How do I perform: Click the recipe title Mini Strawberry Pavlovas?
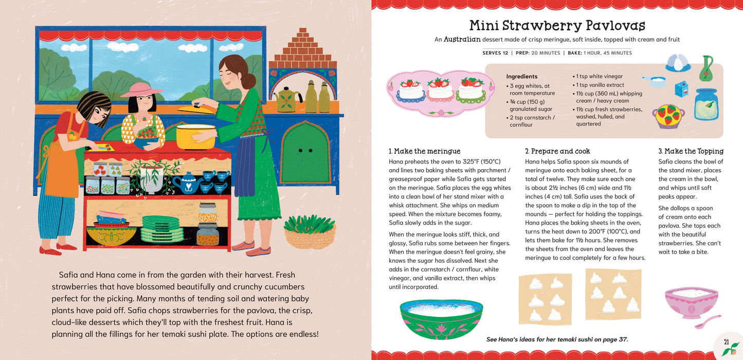(x=557, y=25)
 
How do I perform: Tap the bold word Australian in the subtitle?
(x=462, y=39)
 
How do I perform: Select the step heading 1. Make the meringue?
(x=424, y=151)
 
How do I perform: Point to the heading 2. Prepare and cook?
(x=557, y=151)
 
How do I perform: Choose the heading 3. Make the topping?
(x=691, y=151)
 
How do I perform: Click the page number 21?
(x=726, y=341)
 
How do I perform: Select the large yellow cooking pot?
(x=196, y=136)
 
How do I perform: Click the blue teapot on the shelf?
(x=183, y=183)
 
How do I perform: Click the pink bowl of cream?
(x=691, y=302)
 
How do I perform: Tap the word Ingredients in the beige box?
(x=521, y=76)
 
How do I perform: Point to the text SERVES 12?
(x=495, y=53)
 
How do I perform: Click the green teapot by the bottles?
(x=288, y=99)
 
